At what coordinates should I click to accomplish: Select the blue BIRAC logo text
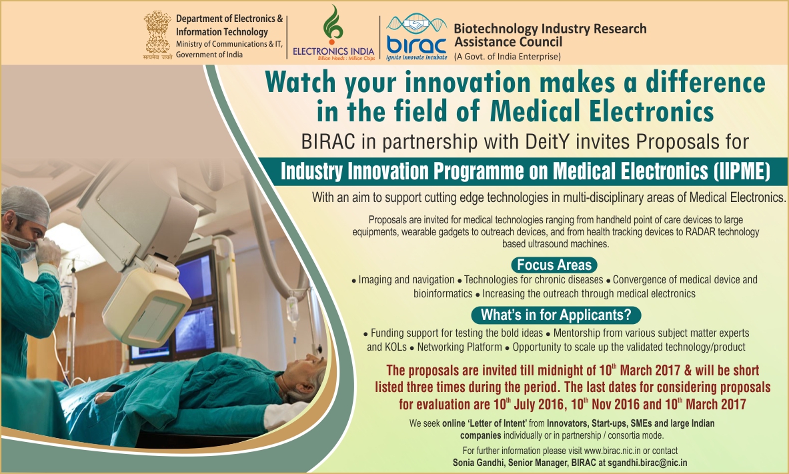click(417, 45)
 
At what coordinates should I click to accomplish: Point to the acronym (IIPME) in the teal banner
click(742, 171)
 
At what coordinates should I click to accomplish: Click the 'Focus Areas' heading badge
click(554, 265)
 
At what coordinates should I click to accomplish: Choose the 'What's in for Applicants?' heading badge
click(556, 315)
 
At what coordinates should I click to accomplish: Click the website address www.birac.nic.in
click(612, 451)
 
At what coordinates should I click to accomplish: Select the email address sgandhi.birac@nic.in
click(647, 463)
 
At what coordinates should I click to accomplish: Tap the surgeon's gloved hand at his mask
click(48, 251)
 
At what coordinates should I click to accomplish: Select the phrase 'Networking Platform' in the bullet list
click(460, 347)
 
